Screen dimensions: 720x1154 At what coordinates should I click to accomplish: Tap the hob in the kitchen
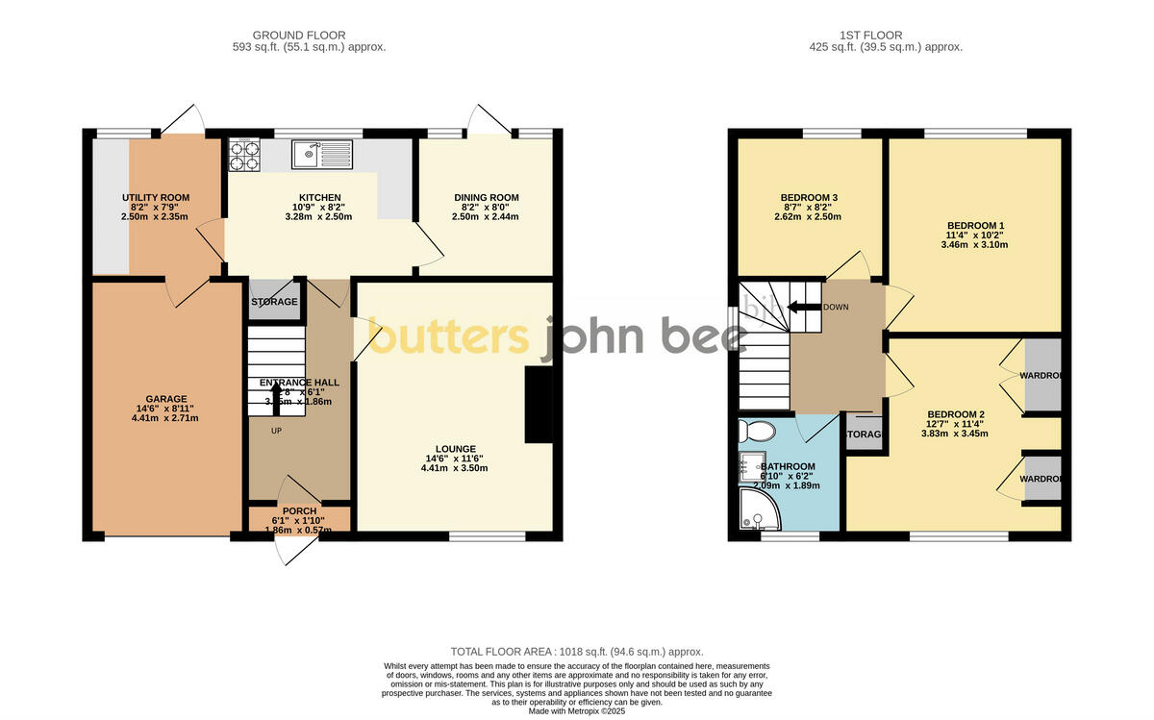click(x=244, y=155)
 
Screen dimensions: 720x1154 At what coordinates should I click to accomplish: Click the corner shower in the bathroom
click(x=760, y=509)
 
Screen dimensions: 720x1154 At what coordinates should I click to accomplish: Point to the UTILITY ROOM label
click(x=156, y=198)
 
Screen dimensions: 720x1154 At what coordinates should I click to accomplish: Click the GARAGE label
click(x=166, y=399)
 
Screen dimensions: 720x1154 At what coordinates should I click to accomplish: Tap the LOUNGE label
click(x=455, y=449)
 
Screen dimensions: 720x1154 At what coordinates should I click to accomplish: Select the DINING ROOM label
click(x=486, y=198)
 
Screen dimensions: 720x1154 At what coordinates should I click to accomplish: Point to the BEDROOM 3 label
click(x=809, y=198)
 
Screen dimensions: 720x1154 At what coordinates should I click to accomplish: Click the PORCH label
click(x=299, y=511)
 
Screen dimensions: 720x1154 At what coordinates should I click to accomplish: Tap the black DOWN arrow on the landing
click(x=797, y=308)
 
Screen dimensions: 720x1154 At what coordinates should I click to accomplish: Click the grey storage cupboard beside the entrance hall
click(x=274, y=302)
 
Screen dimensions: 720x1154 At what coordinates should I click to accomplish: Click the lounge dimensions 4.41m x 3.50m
click(x=455, y=468)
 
